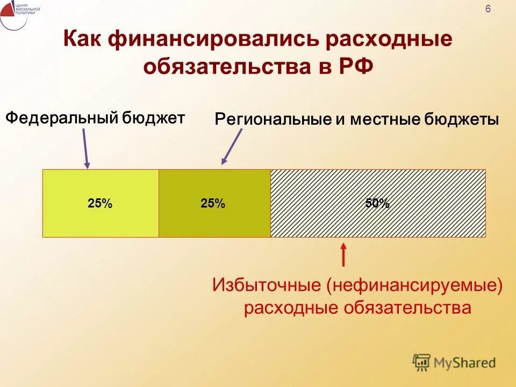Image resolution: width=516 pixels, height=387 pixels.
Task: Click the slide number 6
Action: point(488,9)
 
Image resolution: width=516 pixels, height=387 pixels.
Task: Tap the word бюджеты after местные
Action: point(461,119)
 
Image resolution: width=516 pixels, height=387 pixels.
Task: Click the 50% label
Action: point(377,203)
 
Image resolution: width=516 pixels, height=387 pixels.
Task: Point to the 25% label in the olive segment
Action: point(213,203)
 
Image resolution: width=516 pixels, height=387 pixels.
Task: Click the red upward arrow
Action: point(343,255)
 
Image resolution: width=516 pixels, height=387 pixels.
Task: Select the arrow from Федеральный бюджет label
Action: point(85,148)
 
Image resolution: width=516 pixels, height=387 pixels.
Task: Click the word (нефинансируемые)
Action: point(413,285)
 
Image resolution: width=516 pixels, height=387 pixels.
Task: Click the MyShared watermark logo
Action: point(454,363)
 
